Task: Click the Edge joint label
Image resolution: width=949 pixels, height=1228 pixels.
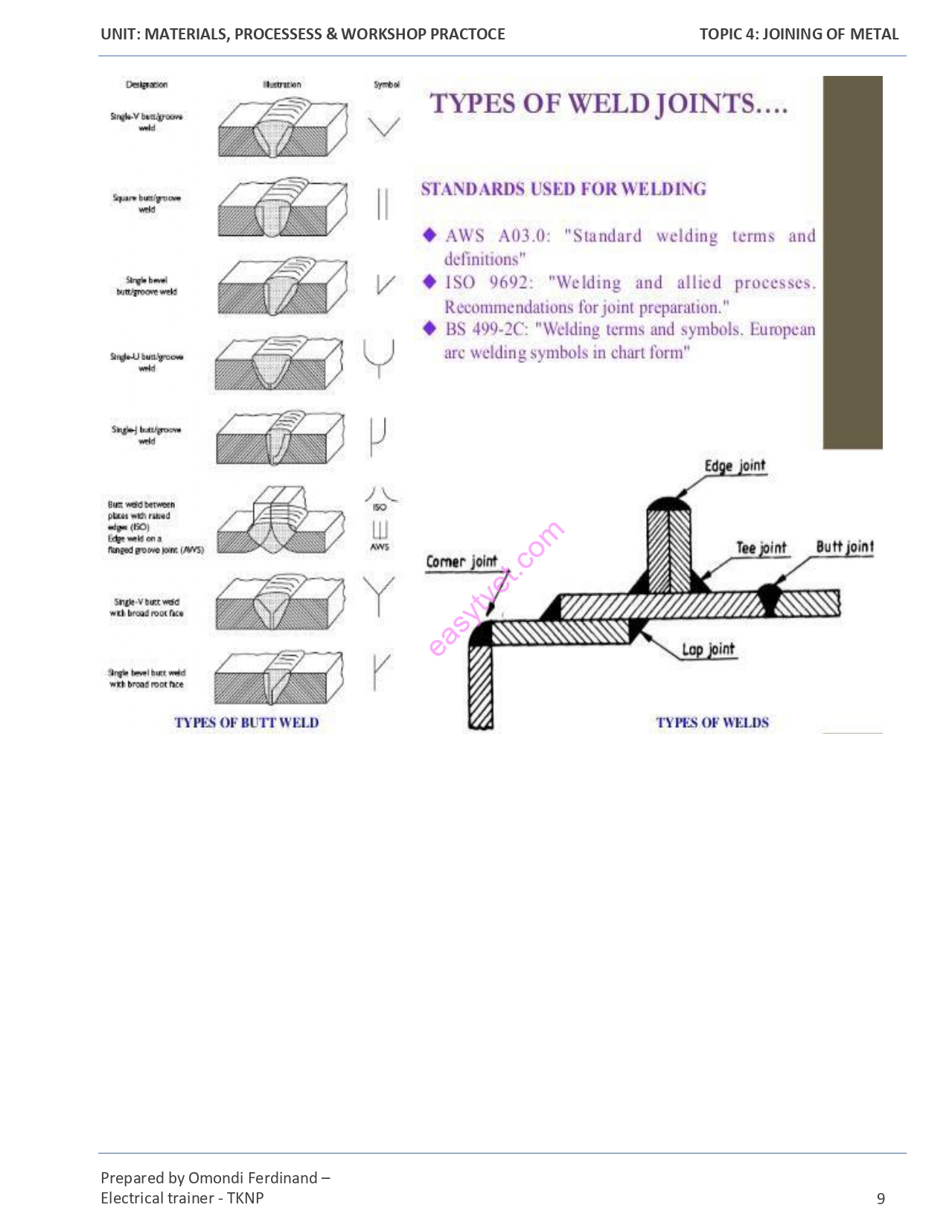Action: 735,466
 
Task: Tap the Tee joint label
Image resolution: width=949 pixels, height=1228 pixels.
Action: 761,548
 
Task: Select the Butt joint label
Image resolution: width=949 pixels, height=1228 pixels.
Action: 845,546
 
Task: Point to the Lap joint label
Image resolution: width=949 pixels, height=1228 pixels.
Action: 708,650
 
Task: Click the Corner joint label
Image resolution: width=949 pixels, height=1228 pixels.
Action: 461,561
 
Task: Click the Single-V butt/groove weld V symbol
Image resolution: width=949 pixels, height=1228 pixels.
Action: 384,127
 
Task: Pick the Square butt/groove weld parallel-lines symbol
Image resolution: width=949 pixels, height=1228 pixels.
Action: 383,204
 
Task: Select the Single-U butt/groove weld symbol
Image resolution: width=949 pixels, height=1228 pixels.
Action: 379,358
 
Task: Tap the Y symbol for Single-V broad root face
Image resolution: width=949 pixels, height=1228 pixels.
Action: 379,595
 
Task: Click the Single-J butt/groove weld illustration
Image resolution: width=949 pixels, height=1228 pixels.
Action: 281,439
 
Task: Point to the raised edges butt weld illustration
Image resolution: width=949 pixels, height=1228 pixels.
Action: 281,520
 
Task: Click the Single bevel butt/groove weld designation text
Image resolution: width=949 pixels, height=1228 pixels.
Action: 147,287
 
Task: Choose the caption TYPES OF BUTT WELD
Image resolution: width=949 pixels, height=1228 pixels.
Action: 246,723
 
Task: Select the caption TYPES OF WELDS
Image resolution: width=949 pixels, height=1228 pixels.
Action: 712,723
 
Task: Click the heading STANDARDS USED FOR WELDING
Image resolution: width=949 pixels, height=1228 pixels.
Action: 563,189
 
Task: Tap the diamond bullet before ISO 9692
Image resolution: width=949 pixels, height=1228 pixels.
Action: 429,282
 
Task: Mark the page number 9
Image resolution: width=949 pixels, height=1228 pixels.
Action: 881,1198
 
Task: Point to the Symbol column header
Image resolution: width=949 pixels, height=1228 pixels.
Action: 386,85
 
